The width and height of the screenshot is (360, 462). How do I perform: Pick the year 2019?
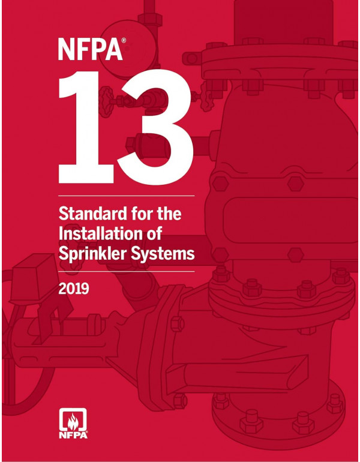tap(74, 290)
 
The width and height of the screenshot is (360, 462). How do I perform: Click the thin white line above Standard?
tap(127, 196)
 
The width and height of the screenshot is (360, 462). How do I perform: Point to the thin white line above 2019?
tap(127, 272)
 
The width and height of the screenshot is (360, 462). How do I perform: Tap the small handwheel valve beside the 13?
tap(108, 95)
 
